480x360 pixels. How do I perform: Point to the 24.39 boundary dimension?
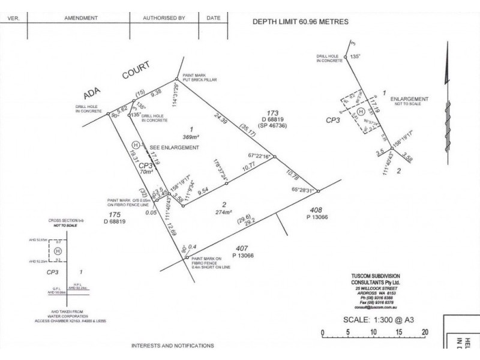(221, 122)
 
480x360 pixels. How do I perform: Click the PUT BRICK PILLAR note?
(200, 80)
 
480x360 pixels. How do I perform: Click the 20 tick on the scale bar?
(425, 332)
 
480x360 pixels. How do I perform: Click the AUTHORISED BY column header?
(163, 18)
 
